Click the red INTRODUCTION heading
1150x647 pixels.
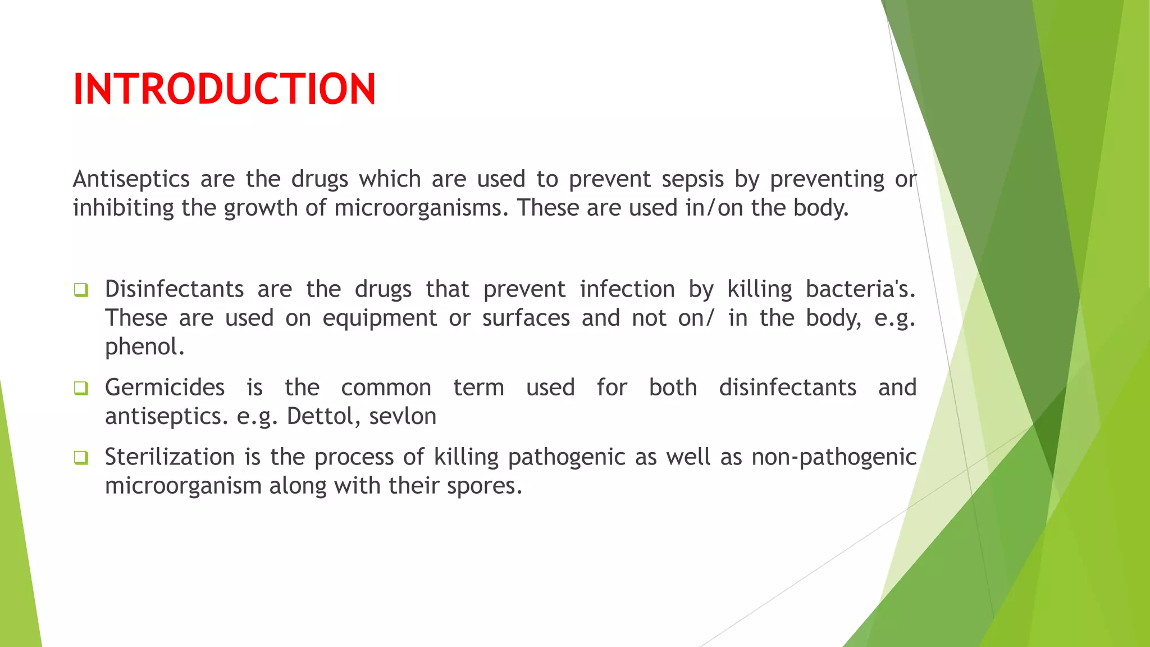(224, 89)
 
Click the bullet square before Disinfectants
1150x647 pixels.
(81, 290)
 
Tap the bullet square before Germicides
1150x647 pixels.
(81, 388)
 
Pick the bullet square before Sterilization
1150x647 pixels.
(81, 458)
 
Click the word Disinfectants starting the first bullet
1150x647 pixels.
(174, 290)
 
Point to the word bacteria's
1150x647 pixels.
(860, 290)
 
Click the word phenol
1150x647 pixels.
(144, 347)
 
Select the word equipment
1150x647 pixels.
(380, 318)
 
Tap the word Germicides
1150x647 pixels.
(165, 388)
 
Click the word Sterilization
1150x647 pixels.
(170, 457)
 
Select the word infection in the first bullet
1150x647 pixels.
(627, 290)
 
